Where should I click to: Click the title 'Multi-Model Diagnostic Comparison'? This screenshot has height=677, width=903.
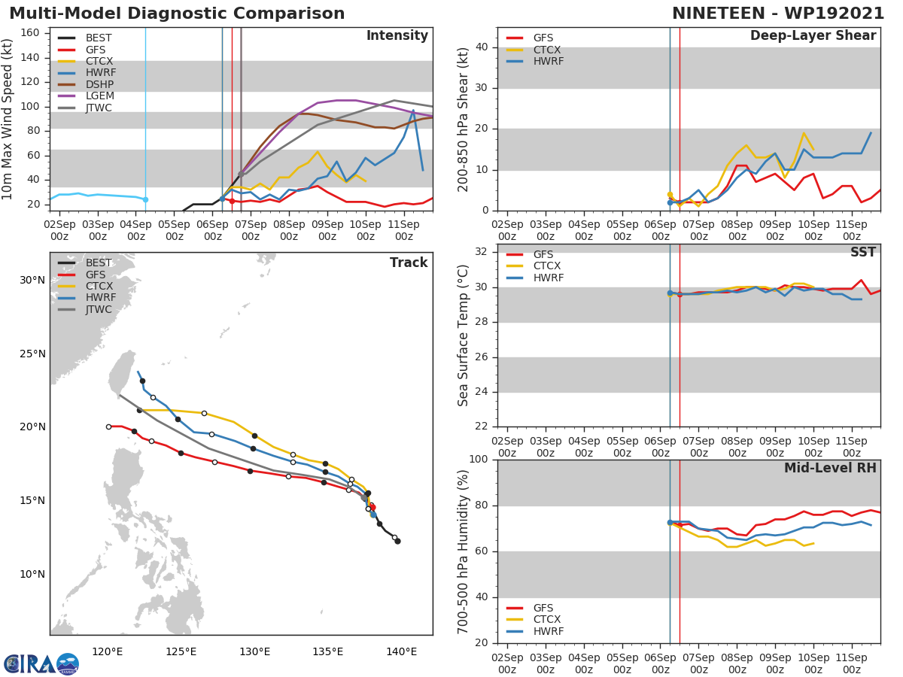click(177, 14)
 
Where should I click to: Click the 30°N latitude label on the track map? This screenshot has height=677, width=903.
click(32, 280)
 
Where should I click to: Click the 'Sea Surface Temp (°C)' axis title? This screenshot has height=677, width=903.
click(464, 335)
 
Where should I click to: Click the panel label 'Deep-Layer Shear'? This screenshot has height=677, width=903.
click(813, 36)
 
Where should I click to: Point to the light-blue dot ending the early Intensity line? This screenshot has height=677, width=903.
click(145, 199)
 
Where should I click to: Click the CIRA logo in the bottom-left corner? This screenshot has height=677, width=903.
click(41, 663)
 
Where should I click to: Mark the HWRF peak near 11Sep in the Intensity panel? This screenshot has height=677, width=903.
click(413, 111)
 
